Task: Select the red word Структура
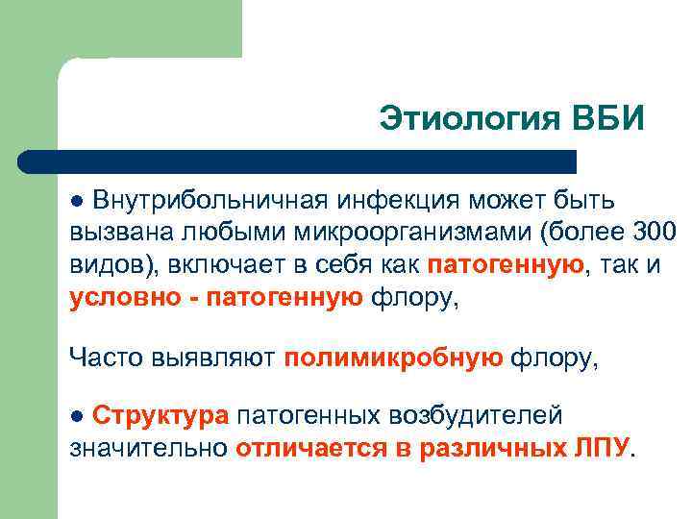[x=161, y=415]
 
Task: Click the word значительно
[x=148, y=448]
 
